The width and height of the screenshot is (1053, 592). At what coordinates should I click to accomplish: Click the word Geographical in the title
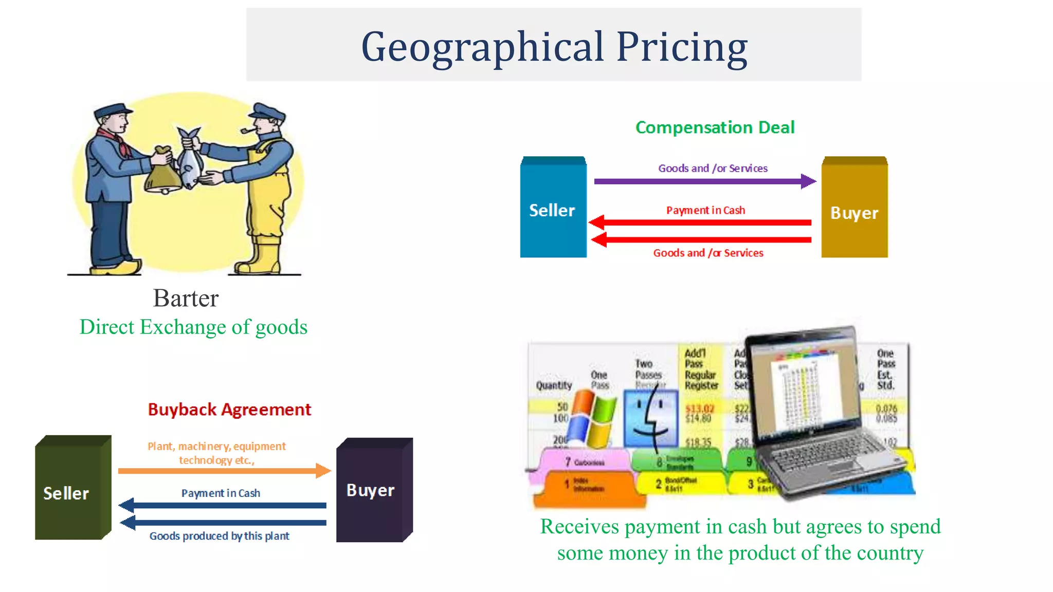coord(482,47)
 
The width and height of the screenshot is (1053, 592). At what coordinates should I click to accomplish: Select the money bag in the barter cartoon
coord(162,172)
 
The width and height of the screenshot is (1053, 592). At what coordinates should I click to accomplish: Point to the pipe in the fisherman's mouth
coord(247,129)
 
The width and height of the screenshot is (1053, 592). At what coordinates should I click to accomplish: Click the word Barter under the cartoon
coord(186,298)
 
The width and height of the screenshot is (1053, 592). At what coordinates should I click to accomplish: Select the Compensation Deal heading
coord(715,127)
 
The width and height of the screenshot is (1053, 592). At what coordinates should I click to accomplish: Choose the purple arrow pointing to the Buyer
coord(704,181)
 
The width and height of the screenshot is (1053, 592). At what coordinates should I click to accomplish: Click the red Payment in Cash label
coord(705,210)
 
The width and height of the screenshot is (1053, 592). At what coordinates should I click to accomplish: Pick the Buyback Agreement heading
coord(229,410)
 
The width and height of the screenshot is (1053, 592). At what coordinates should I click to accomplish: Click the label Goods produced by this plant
coord(219,536)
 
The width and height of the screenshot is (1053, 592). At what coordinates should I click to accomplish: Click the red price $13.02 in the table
coord(700,409)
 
